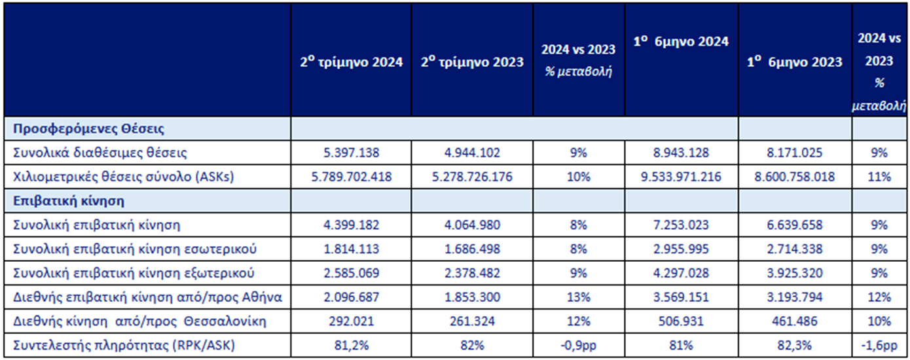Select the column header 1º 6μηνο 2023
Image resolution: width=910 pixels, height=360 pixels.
tap(795, 62)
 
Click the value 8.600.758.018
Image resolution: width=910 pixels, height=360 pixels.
tap(795, 177)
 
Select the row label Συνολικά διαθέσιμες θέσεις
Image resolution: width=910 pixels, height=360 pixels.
tap(100, 153)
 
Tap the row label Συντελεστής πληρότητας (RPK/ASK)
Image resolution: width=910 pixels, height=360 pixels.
tap(117, 345)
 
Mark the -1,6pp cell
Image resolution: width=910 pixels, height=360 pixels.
tap(879, 345)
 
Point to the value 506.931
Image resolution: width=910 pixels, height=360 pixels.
tap(681, 321)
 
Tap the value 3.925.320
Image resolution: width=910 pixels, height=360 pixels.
tap(795, 273)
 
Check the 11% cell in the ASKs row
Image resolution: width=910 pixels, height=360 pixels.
tap(879, 177)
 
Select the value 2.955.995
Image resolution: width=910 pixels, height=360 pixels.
tap(681, 249)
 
